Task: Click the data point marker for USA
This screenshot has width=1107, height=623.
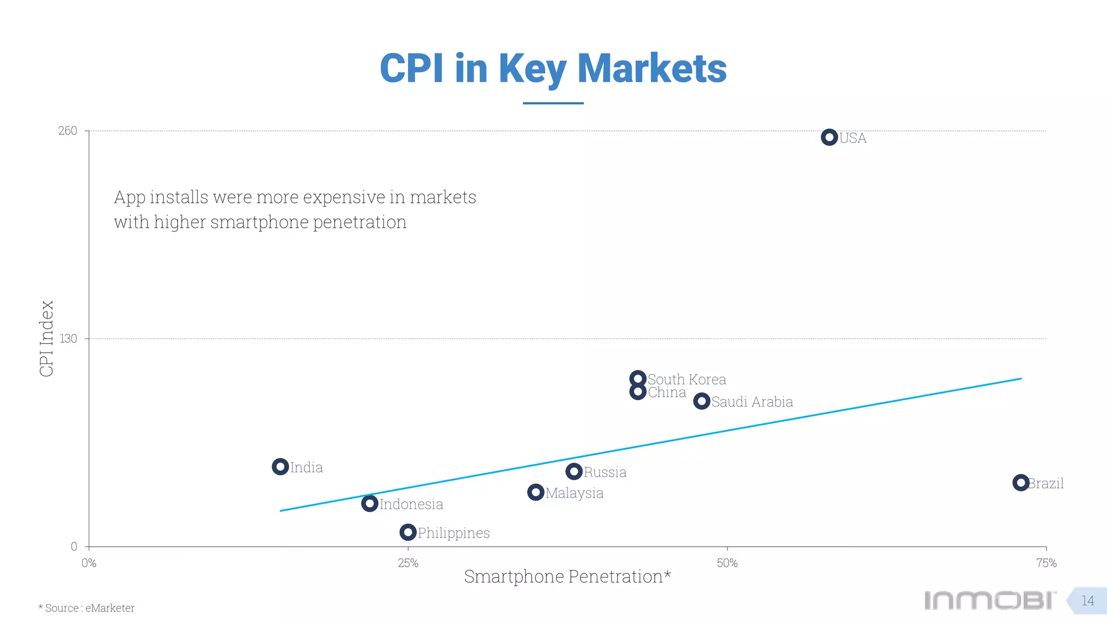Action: click(829, 137)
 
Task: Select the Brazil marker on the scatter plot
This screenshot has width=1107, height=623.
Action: click(1021, 482)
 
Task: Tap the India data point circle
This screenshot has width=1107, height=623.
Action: click(280, 467)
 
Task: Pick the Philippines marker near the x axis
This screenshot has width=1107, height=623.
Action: click(408, 532)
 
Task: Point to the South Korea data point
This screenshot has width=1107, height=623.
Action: click(638, 379)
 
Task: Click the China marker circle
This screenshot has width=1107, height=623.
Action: click(638, 392)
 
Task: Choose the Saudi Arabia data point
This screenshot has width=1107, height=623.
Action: click(702, 401)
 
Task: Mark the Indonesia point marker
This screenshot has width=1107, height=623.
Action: click(370, 503)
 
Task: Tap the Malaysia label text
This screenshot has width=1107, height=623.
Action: click(574, 493)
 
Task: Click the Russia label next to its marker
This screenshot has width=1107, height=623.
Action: click(605, 473)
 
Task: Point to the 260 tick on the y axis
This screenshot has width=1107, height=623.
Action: click(68, 131)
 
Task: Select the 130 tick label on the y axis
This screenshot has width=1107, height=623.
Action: click(68, 339)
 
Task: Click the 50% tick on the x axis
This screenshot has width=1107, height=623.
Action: click(727, 563)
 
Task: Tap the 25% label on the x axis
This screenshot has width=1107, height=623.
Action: click(408, 563)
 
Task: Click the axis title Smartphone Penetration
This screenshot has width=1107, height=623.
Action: click(567, 576)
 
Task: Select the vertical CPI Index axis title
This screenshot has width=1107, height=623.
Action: click(47, 339)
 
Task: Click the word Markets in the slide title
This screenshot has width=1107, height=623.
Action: click(652, 69)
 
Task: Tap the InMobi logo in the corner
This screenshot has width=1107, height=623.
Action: click(990, 600)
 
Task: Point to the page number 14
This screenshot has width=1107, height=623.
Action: click(1088, 601)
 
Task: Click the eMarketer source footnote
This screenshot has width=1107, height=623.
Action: click(86, 608)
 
